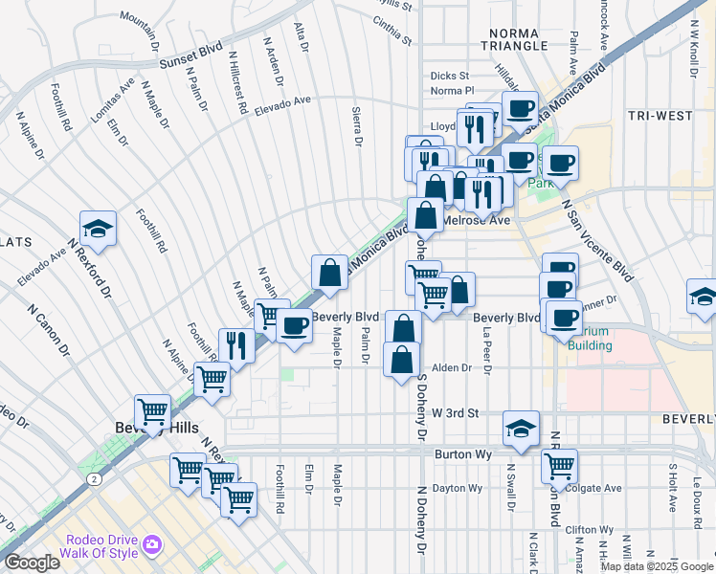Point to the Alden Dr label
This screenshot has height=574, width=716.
click(453, 367)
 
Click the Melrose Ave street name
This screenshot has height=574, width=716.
click(476, 220)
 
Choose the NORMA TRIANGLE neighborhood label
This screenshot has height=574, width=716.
click(513, 40)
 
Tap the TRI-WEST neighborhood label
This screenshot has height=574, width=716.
click(660, 116)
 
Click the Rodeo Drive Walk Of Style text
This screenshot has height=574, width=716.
click(104, 545)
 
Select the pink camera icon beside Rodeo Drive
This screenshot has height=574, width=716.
click(151, 545)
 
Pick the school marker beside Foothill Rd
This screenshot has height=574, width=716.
click(98, 228)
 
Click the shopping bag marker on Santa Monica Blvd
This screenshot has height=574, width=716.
click(329, 273)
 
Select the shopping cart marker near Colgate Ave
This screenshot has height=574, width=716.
click(559, 466)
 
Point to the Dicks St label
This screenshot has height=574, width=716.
click(449, 76)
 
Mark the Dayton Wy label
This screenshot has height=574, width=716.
click(457, 488)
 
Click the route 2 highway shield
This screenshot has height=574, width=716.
click(93, 477)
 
